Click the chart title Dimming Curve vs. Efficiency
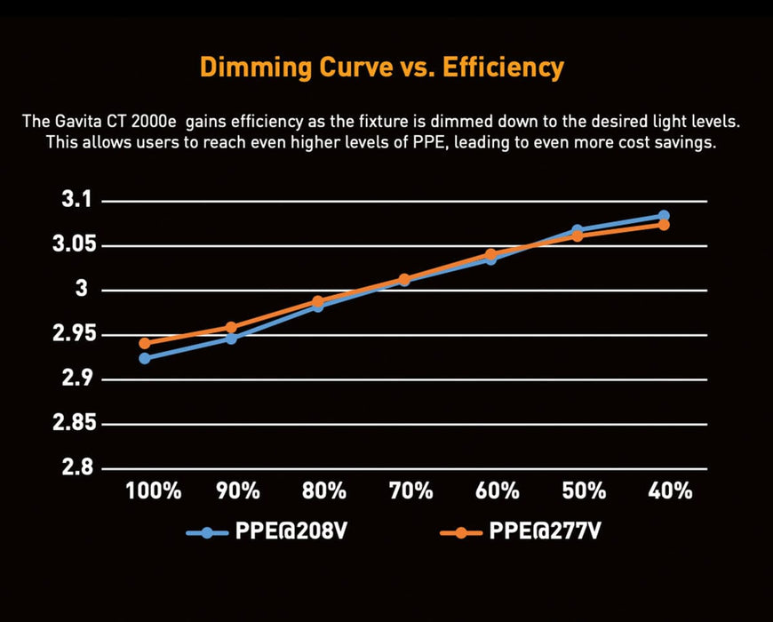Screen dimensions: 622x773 coord(381,68)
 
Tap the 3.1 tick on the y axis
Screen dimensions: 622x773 coord(77,201)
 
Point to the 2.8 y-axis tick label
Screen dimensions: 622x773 coord(77,468)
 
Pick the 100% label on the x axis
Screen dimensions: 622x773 coord(153,491)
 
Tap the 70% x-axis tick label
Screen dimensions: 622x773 coord(410,491)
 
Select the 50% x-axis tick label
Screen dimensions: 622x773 coord(584,491)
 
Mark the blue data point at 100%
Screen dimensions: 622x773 coord(145,358)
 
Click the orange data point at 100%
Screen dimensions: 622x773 coord(145,343)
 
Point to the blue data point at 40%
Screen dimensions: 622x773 coord(664,216)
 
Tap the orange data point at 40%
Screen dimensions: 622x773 coord(664,225)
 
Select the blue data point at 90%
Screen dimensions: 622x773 coord(231,339)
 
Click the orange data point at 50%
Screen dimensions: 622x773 coord(578,236)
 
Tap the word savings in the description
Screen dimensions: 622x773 coord(685,142)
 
